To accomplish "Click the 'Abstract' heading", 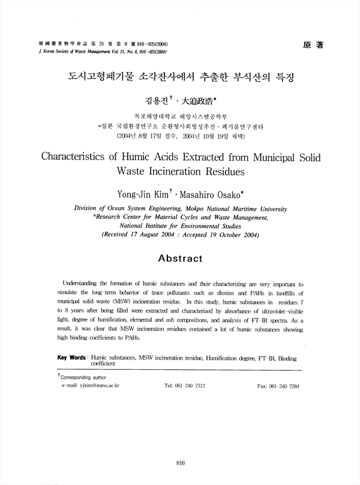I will click(x=180, y=258).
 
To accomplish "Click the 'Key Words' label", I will click(x=71, y=357).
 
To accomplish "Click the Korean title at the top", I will click(x=180, y=77).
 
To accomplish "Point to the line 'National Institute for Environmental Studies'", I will click(x=180, y=226).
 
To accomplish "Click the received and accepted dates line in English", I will click(x=180, y=235).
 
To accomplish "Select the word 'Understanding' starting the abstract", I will click(x=82, y=282).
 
